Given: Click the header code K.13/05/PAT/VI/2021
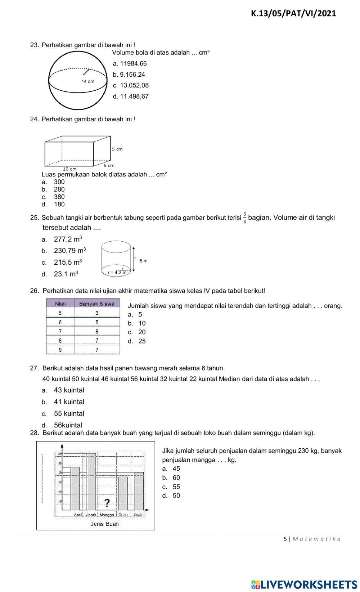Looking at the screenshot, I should [293, 14].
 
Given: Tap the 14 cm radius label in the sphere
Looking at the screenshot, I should [88, 81].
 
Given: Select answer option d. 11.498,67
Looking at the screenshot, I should [131, 97].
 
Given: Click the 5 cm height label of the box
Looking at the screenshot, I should [117, 149].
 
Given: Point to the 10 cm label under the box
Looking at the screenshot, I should [69, 169].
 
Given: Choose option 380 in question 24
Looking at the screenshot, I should [59, 197].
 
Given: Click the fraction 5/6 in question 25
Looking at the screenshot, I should [245, 217].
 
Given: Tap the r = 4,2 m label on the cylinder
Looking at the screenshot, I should [117, 273].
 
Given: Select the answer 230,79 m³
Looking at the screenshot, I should [69, 251].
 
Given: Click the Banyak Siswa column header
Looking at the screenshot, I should [96, 304].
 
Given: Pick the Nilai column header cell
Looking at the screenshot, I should [60, 304].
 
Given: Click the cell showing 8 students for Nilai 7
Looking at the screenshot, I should [96, 331].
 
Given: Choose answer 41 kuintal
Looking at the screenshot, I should [69, 402].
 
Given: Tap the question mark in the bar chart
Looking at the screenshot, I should [107, 502].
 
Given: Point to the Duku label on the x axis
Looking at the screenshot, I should [123, 515].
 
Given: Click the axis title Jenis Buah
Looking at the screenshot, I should [104, 524].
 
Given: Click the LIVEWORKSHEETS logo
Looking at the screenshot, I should [304, 584].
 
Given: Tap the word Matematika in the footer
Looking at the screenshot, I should [316, 539].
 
